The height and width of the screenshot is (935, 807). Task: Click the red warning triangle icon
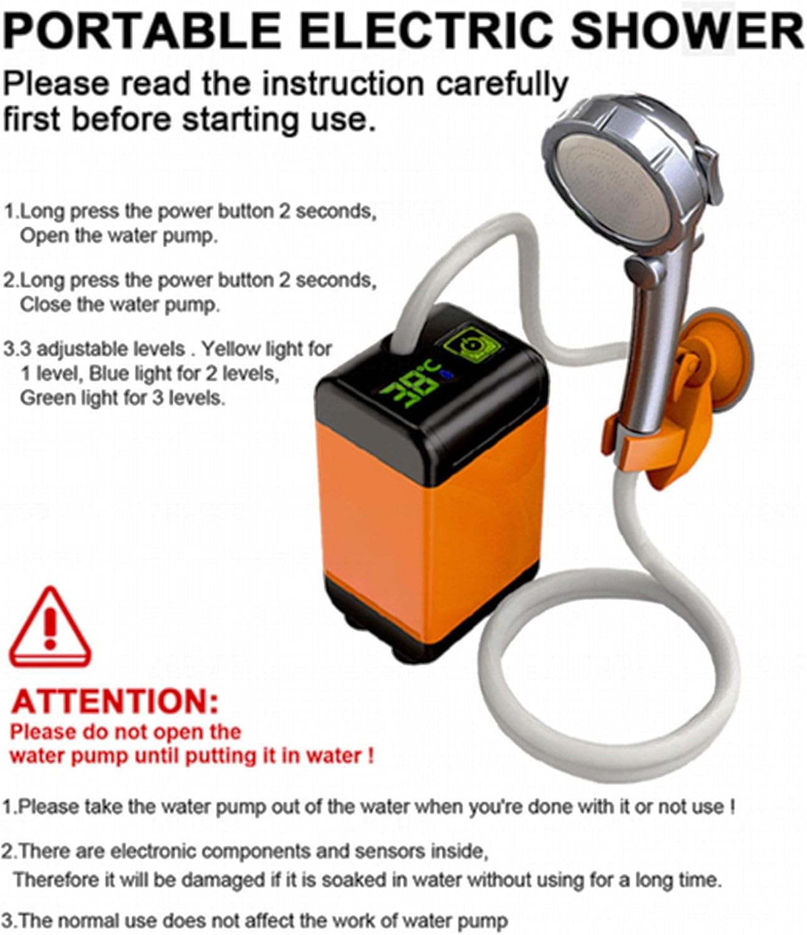(50, 630)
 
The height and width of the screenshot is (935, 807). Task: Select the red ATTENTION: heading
(115, 701)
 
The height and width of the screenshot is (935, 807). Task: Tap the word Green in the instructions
(45, 398)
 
